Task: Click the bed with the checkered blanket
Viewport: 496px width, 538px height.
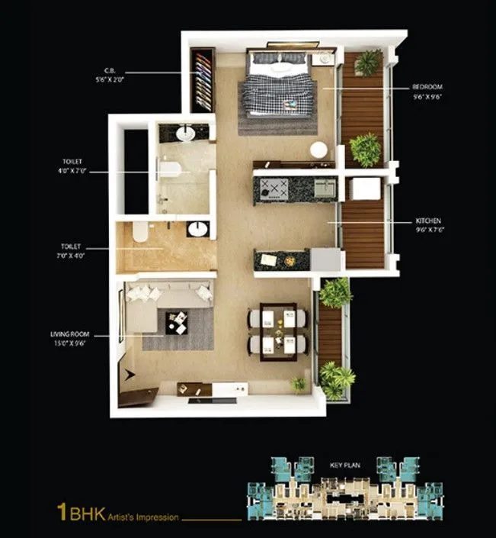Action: [x=277, y=85]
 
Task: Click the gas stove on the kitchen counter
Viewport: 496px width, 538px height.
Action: [x=272, y=187]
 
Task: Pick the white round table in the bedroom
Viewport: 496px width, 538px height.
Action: [x=318, y=149]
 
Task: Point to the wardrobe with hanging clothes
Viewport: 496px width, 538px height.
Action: [x=202, y=81]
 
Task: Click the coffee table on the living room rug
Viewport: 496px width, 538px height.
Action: [x=176, y=323]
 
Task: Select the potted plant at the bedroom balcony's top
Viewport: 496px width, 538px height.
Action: [x=367, y=63]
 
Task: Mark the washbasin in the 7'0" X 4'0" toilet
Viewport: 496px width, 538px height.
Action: [x=197, y=229]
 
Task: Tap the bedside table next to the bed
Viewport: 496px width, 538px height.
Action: [x=324, y=59]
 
